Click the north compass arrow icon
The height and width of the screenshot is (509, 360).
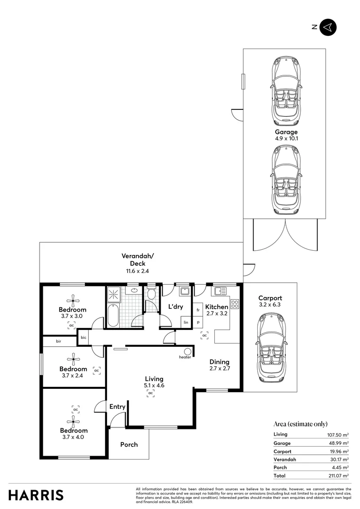(x=328, y=27)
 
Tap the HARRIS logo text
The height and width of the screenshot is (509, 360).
(x=36, y=495)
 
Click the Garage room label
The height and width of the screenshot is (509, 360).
(x=286, y=132)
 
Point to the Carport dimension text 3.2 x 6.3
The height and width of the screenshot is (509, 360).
(x=270, y=305)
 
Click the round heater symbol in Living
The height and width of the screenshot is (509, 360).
(x=188, y=351)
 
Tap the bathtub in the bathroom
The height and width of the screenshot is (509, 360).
(x=113, y=316)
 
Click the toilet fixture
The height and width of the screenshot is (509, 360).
(x=151, y=294)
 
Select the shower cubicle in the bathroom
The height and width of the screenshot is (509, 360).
(x=114, y=294)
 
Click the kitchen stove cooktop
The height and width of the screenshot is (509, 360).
(x=234, y=304)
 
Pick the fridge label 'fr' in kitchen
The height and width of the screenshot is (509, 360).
(x=198, y=310)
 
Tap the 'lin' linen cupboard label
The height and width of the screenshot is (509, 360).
(x=186, y=322)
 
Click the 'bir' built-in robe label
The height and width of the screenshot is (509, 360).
(x=59, y=341)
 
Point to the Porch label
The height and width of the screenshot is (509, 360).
(x=129, y=444)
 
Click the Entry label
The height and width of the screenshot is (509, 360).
(x=117, y=407)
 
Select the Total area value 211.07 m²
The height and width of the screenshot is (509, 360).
(x=339, y=476)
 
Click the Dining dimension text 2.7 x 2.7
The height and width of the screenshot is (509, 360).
(x=220, y=369)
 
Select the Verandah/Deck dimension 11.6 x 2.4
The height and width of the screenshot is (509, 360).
(x=137, y=271)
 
